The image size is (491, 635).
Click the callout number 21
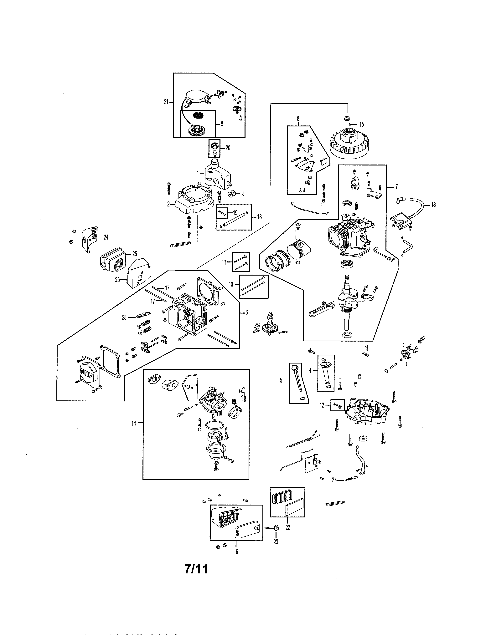pyautogui.click(x=166, y=102)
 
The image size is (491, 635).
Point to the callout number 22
pyautogui.click(x=287, y=527)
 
